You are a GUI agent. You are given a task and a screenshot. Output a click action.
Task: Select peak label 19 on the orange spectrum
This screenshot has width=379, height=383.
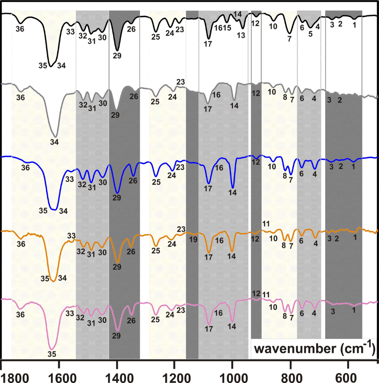click(193, 240)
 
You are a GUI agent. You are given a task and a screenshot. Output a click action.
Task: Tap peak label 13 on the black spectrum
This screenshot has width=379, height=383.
click(241, 35)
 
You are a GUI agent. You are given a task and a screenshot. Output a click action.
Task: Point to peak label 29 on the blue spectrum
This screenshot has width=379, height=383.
click(117, 198)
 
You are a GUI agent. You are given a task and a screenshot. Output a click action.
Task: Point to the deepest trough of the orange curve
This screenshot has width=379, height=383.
click(53, 281)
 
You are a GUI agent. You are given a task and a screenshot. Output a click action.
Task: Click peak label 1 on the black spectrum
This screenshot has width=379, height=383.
click(354, 25)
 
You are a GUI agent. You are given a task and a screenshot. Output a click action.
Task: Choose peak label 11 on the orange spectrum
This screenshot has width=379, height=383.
click(266, 224)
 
